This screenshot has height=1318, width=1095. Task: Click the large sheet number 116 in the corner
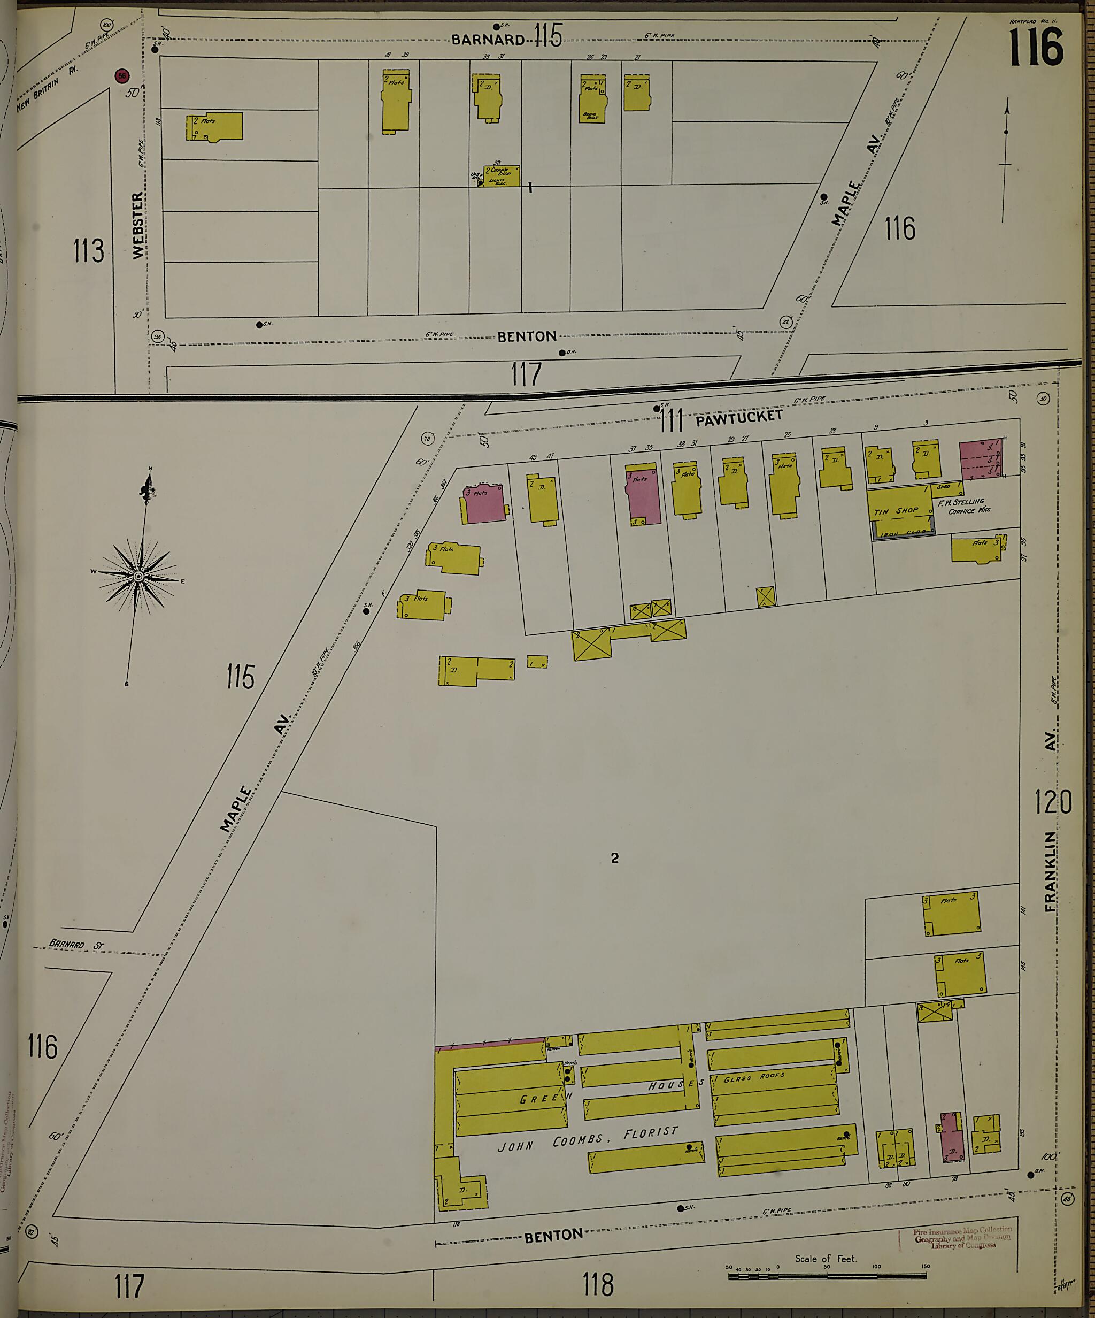(x=1036, y=48)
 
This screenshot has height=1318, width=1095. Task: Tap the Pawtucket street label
(x=739, y=417)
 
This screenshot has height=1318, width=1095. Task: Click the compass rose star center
(x=138, y=576)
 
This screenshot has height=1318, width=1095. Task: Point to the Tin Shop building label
(x=896, y=511)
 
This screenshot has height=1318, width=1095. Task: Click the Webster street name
(x=138, y=225)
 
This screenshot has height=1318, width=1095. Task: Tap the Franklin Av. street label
(x=1052, y=822)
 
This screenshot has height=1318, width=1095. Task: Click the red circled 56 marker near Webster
(x=122, y=76)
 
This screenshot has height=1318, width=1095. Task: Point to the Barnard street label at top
(x=488, y=40)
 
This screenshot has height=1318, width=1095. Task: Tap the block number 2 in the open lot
(x=615, y=858)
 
